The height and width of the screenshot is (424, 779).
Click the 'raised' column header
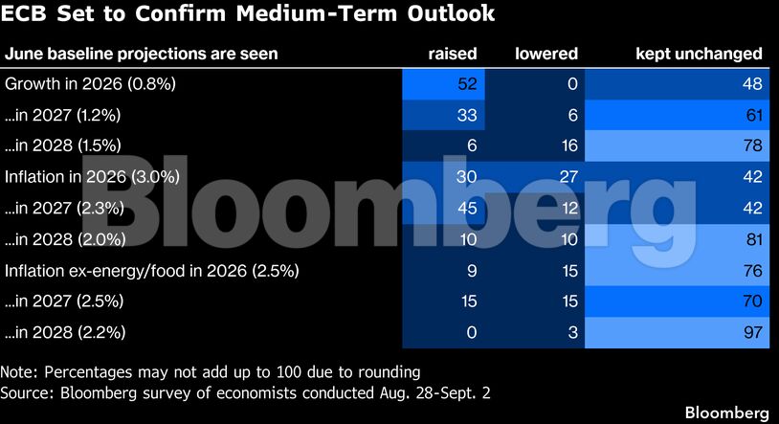(x=452, y=54)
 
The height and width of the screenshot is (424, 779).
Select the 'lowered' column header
(x=546, y=54)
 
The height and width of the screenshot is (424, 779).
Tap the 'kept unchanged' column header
(x=699, y=54)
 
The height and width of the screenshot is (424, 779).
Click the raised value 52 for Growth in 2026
(x=467, y=83)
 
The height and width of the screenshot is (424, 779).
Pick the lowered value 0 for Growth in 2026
(x=572, y=83)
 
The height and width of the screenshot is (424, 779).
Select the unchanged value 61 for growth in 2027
(x=754, y=115)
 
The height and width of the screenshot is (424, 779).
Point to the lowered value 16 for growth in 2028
(x=569, y=145)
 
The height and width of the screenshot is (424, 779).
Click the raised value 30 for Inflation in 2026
(x=466, y=176)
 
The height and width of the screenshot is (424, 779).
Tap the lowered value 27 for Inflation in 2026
(x=568, y=176)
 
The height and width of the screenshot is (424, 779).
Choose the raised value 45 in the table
(x=467, y=208)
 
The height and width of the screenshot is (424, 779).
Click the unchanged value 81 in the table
(x=754, y=239)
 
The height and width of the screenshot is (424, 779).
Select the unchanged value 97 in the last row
(x=753, y=332)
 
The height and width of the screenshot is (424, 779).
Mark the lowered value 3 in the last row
(x=573, y=332)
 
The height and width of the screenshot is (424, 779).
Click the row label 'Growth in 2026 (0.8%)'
(x=90, y=83)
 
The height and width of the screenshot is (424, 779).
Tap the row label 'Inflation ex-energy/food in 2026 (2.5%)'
(x=152, y=271)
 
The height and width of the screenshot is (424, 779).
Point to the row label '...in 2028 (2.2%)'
(x=65, y=332)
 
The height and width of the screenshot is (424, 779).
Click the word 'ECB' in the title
(x=23, y=13)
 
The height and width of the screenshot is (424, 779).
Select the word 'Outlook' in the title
(x=451, y=13)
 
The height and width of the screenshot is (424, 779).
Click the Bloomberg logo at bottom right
(x=726, y=413)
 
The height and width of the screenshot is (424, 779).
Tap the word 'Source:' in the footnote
(x=29, y=393)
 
